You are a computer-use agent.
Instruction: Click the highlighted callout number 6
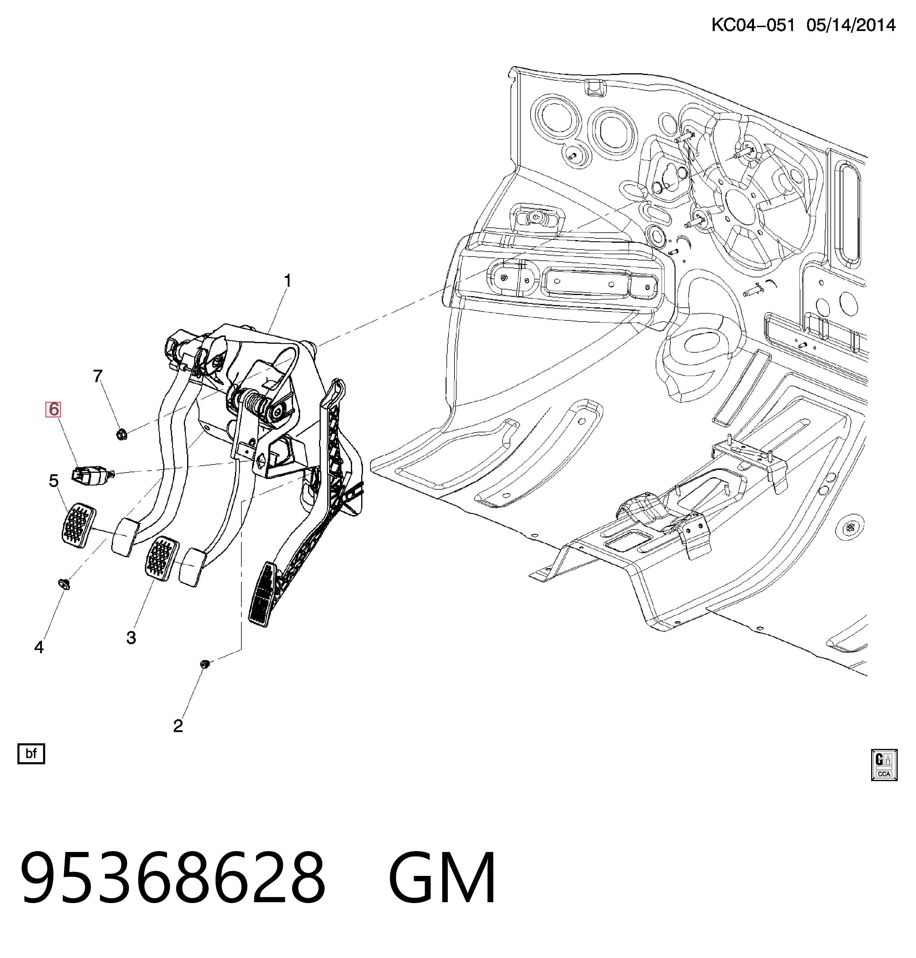pyautogui.click(x=53, y=409)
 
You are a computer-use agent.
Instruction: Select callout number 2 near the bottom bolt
pyautogui.click(x=178, y=726)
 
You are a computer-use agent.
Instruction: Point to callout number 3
pyautogui.click(x=131, y=638)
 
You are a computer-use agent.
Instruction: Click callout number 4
pyautogui.click(x=39, y=647)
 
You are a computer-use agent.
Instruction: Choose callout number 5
pyautogui.click(x=54, y=481)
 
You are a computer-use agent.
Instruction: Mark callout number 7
pyautogui.click(x=98, y=376)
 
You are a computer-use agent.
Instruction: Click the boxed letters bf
pyautogui.click(x=31, y=753)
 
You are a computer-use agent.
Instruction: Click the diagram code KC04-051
pyautogui.click(x=753, y=25)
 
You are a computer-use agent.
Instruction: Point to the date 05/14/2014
pyautogui.click(x=851, y=25)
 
